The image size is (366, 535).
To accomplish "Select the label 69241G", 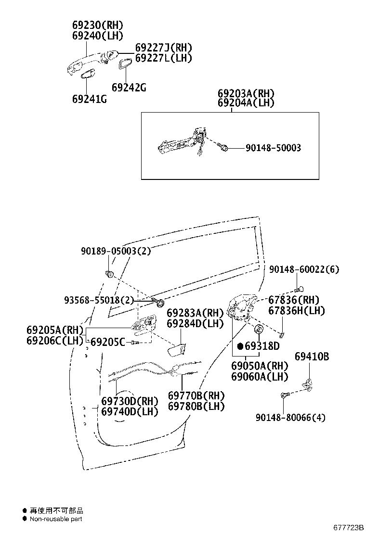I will (89, 99).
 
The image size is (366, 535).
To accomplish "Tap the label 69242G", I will (129, 88).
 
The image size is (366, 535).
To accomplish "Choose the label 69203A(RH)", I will (246, 93).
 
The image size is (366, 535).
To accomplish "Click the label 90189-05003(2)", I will (116, 251).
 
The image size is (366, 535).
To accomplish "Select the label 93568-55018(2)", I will (99, 300).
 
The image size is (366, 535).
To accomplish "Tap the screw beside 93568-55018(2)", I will (159, 303).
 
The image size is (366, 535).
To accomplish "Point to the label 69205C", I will (108, 342).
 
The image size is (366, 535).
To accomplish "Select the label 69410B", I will (312, 357).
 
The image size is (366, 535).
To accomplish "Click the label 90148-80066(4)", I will (290, 417).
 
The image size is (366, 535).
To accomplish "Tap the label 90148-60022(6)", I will (303, 269).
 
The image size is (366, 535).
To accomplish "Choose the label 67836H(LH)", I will (297, 311).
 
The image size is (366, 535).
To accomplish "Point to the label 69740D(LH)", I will (130, 412).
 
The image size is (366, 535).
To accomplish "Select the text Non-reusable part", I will (56, 519).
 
